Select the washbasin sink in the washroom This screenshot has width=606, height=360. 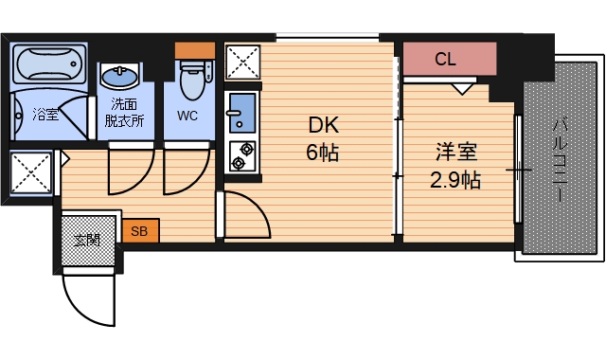121,77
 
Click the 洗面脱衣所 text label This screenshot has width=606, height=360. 125,112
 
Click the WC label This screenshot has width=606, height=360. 187,117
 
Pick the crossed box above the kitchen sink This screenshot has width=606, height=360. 242,63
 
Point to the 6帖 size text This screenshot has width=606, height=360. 322,152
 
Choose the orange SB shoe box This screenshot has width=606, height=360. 139,230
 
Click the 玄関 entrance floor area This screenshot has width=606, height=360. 89,240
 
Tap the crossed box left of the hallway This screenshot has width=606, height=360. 30,174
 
